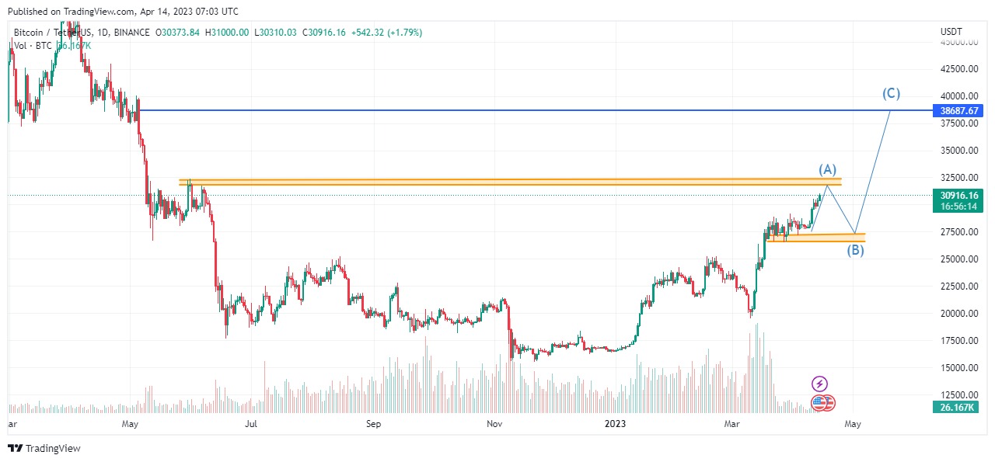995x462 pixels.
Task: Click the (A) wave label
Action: pyautogui.click(x=827, y=169)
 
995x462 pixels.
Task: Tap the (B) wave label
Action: pyautogui.click(x=855, y=250)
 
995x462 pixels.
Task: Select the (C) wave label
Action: pyautogui.click(x=891, y=94)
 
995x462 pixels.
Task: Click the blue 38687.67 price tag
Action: pyautogui.click(x=958, y=111)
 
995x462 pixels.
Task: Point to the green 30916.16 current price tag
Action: pyautogui.click(x=958, y=196)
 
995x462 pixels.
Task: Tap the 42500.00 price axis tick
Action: pyautogui.click(x=958, y=69)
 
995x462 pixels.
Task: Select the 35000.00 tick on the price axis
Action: pyautogui.click(x=958, y=151)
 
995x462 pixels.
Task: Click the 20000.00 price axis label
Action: pyautogui.click(x=958, y=314)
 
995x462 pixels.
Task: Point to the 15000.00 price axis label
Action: pyautogui.click(x=958, y=368)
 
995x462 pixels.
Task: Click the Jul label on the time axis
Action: pyautogui.click(x=251, y=424)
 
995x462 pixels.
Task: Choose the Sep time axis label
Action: pyautogui.click(x=374, y=424)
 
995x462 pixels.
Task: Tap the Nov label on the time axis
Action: pyautogui.click(x=494, y=424)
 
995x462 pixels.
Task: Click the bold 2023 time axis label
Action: pyautogui.click(x=615, y=424)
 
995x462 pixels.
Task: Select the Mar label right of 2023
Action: pyautogui.click(x=731, y=424)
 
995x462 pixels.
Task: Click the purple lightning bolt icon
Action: pyautogui.click(x=819, y=384)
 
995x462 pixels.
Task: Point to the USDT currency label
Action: pyautogui.click(x=951, y=32)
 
